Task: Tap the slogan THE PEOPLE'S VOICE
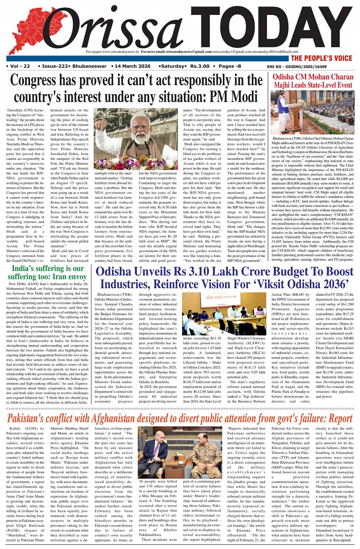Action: coord(322,58)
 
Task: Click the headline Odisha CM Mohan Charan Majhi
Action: coord(313,81)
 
